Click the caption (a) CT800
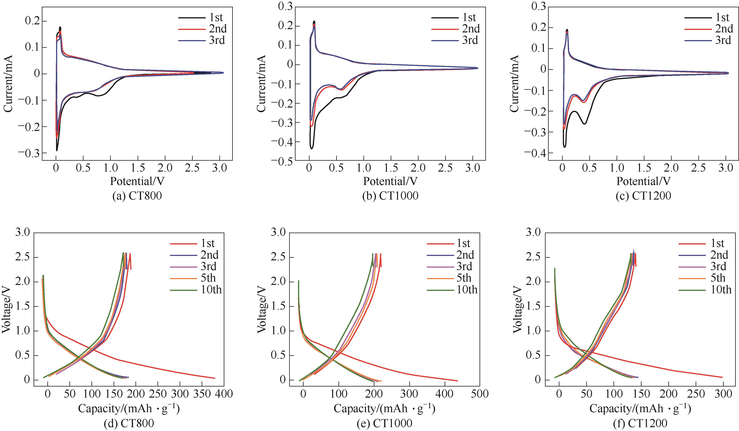[x=137, y=196]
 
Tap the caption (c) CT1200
[x=643, y=196]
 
